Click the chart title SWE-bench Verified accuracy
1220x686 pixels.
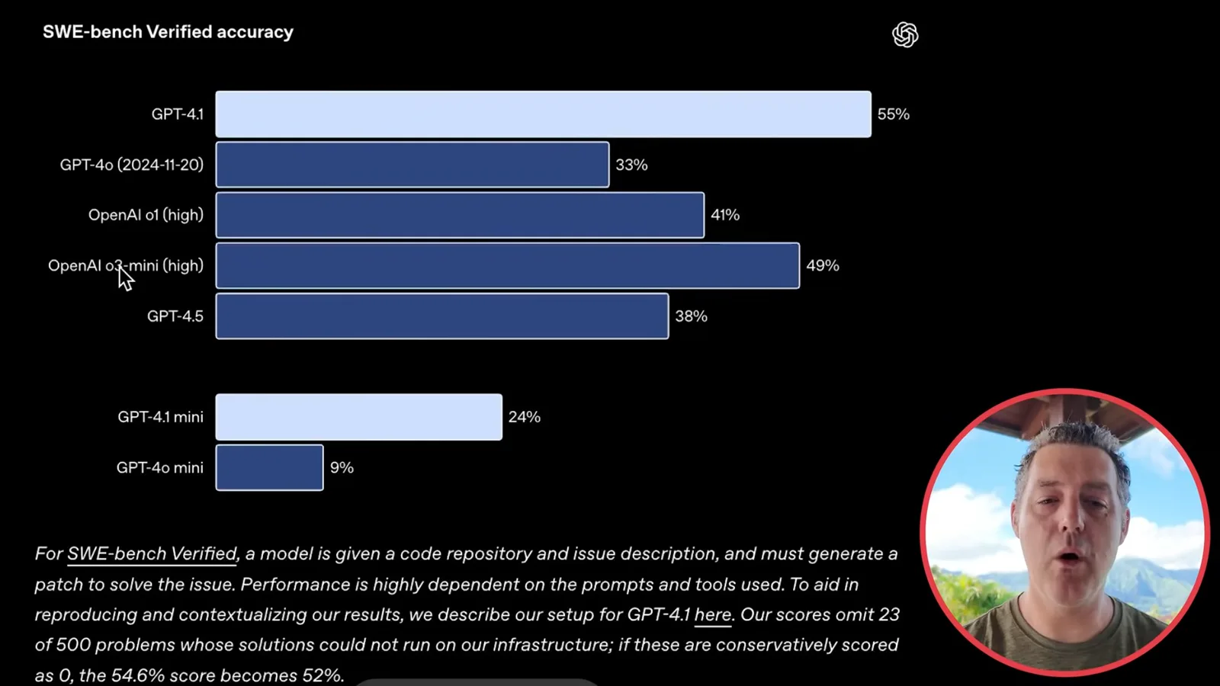[168, 32]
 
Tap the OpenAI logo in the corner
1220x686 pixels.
[904, 35]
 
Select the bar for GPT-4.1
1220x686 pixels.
[543, 114]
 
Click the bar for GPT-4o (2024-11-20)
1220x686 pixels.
[413, 165]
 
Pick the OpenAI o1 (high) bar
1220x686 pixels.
[460, 215]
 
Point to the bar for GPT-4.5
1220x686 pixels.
[442, 316]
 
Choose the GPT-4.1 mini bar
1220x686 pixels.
[359, 417]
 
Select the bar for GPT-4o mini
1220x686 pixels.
[270, 468]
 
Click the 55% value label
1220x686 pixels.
[893, 114]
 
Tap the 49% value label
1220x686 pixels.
[823, 266]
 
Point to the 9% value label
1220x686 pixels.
[342, 468]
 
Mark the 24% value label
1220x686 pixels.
[525, 417]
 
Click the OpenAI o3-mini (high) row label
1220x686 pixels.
[126, 266]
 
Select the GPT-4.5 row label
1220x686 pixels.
[175, 316]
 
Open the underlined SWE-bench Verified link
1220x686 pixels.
[152, 554]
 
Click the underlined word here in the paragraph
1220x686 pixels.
[712, 614]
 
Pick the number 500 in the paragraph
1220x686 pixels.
[73, 645]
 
